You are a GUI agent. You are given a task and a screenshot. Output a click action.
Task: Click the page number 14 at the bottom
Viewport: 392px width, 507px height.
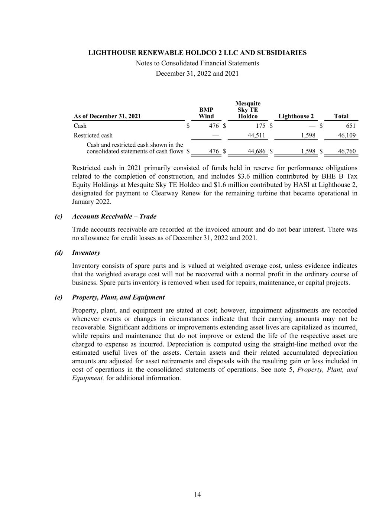(197, 494)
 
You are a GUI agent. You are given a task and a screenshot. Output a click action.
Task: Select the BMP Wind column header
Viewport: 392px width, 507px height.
(206, 113)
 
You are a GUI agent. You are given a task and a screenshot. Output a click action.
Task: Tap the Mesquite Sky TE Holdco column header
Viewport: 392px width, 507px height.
(248, 110)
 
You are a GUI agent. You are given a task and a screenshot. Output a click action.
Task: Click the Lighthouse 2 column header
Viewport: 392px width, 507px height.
(296, 116)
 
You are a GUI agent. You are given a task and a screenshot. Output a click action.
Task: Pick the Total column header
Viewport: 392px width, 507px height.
(341, 116)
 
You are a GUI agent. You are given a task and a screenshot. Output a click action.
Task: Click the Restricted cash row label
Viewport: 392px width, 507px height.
(93, 135)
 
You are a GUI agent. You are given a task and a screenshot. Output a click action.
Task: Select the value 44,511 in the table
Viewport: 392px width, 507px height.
(256, 135)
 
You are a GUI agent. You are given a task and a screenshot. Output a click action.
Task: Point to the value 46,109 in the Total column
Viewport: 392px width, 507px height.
(346, 135)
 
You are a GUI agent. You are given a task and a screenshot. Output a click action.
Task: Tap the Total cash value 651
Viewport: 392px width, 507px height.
(350, 126)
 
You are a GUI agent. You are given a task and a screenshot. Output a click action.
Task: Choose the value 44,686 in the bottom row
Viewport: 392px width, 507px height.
(256, 151)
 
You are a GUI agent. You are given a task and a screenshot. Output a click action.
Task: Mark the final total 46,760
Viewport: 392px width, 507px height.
(346, 151)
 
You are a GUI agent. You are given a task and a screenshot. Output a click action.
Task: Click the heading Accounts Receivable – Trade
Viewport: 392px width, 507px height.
(114, 216)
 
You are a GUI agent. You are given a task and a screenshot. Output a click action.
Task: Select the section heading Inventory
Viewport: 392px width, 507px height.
(86, 253)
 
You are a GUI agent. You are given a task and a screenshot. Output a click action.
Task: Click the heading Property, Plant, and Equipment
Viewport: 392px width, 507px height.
(118, 297)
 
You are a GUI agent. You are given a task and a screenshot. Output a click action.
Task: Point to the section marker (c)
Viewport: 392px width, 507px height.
(58, 216)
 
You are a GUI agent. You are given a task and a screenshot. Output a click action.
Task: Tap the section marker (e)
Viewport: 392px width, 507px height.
(58, 297)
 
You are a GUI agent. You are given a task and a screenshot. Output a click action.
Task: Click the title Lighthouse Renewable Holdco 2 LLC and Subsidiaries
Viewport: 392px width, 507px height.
(197, 53)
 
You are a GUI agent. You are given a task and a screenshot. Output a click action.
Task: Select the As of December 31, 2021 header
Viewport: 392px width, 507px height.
(107, 116)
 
